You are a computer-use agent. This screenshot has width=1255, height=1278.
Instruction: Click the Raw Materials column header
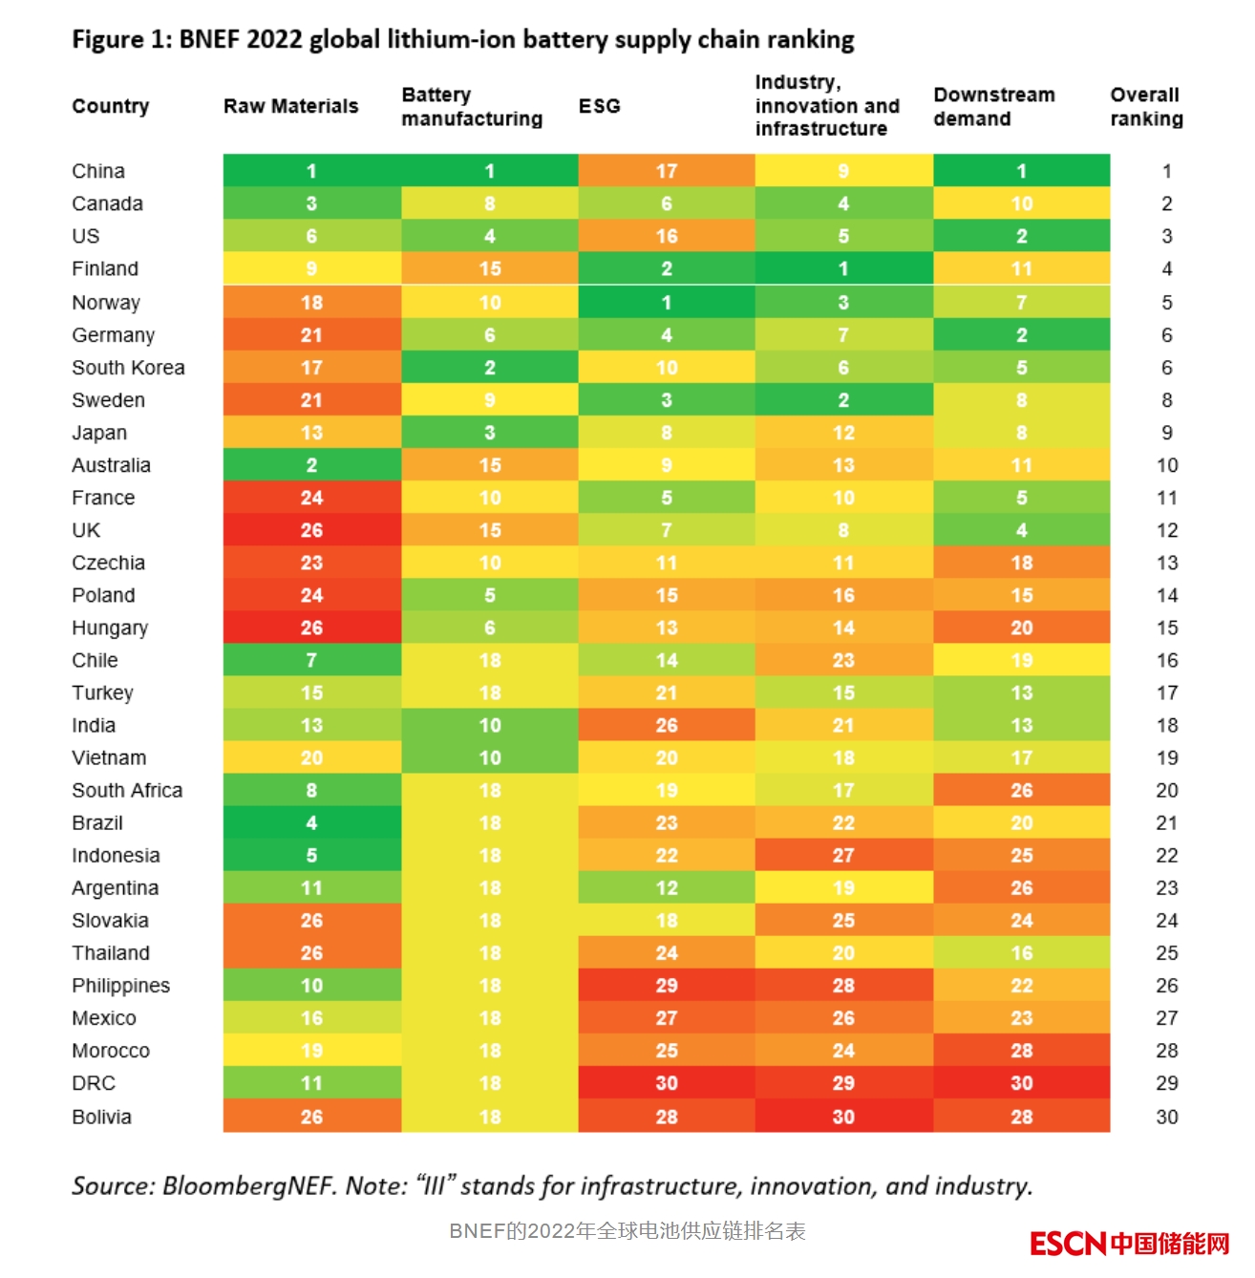[x=290, y=106]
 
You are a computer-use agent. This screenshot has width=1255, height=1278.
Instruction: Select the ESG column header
[x=599, y=106]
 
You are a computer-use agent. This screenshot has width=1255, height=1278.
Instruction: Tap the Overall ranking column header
[x=1146, y=106]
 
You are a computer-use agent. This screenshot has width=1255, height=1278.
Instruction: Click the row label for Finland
[x=105, y=268]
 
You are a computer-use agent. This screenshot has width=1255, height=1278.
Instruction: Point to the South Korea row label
[x=128, y=368]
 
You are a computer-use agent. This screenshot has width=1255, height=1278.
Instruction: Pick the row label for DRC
[x=94, y=1083]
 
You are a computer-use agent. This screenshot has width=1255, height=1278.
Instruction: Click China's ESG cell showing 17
[x=667, y=171]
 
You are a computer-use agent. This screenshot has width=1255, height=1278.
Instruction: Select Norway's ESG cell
[x=667, y=303]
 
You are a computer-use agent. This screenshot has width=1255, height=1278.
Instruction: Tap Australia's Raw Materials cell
[x=311, y=465]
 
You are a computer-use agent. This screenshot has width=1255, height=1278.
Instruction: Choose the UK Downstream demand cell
[x=1021, y=530]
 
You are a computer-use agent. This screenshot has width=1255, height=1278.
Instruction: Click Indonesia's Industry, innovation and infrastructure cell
[x=843, y=855]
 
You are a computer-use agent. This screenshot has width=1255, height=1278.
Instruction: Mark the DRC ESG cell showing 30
[x=667, y=1083]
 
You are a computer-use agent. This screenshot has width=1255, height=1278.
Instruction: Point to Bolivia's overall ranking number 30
[x=1166, y=1117]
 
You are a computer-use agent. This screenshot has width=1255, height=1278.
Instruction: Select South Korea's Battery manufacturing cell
[x=489, y=368]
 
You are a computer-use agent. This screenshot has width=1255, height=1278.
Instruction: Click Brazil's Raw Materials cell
[x=311, y=822]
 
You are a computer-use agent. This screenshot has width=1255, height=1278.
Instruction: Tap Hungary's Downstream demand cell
[x=1021, y=628]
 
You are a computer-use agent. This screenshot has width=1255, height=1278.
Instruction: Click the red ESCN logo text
[x=1068, y=1244]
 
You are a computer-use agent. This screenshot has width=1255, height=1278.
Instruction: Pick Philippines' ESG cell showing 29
[x=667, y=986]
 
